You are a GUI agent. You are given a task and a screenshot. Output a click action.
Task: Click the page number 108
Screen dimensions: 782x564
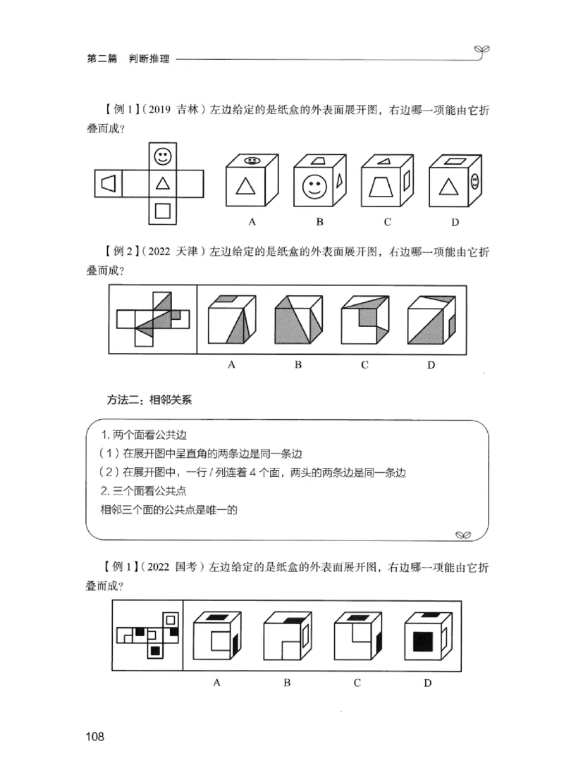pos(94,738)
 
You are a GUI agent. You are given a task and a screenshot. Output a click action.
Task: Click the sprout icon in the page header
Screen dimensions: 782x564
pos(483,49)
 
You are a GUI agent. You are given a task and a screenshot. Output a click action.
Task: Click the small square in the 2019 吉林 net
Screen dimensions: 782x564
pos(163,210)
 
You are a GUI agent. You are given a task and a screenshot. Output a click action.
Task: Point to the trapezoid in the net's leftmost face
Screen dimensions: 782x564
pos(108,183)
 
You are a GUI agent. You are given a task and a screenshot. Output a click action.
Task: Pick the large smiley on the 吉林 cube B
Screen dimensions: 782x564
pos(312,187)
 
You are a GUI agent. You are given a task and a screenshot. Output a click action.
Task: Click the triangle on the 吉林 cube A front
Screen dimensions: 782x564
pos(245,187)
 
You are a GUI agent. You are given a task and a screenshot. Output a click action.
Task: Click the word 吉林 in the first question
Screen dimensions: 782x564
pos(190,110)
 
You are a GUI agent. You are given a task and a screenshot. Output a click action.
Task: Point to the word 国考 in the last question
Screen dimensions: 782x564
pos(189,567)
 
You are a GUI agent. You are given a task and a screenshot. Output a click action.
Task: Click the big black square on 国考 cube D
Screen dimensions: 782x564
pos(423,642)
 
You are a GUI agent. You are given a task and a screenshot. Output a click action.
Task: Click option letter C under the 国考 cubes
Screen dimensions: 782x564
pos(357,682)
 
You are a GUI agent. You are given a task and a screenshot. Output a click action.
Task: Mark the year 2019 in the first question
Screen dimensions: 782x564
pos(163,110)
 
